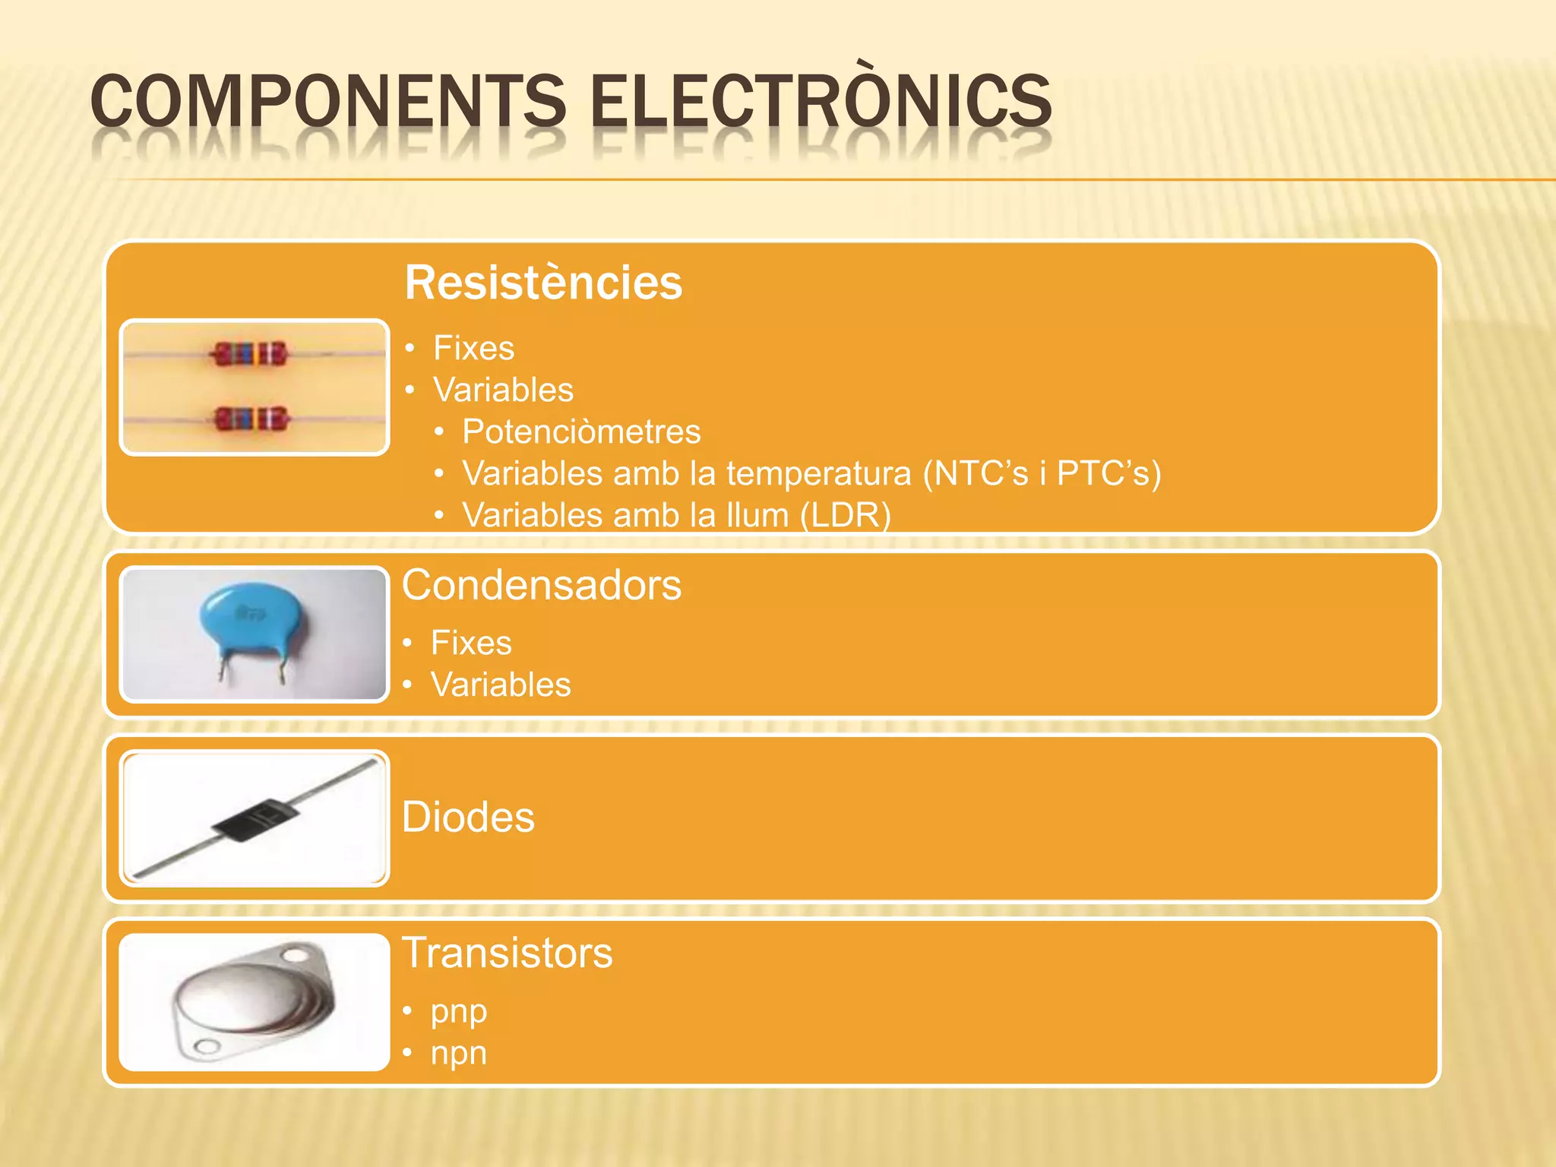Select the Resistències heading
pos(543,283)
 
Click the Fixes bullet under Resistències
pos(473,348)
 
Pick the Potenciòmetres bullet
pos(581,432)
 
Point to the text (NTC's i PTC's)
pos(1042,473)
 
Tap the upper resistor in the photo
pos(250,354)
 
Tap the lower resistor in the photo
pos(251,419)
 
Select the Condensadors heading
pos(542,585)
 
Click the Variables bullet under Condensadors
pos(501,685)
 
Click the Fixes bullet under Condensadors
pos(471,643)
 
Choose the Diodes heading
pos(468,817)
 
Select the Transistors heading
pos(507,953)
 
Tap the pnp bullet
pos(458,1011)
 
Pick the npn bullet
pos(458,1053)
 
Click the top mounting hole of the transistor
pos(297,953)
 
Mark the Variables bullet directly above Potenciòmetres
pos(503,390)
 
